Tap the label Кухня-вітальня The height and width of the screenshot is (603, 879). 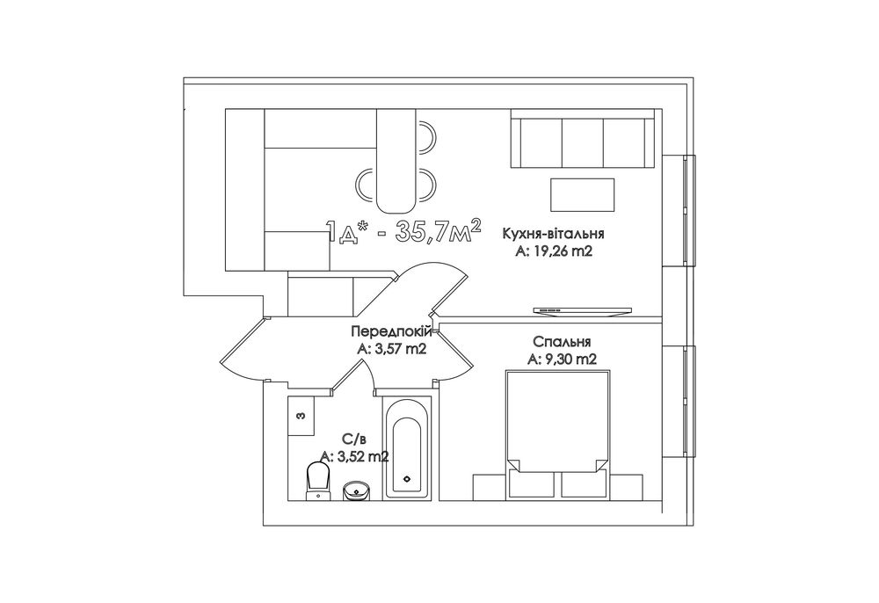point(553,234)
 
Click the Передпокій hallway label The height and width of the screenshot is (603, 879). point(392,331)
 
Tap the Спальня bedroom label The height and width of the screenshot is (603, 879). point(563,341)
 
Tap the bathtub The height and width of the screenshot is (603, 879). point(408,447)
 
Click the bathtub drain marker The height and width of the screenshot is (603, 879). point(408,479)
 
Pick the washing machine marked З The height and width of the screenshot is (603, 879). point(301,417)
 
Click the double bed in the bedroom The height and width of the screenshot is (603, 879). point(556,434)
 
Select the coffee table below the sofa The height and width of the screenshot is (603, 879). point(583,195)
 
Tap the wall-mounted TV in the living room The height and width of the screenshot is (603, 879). point(583,310)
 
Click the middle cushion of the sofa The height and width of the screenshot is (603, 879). point(583,142)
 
